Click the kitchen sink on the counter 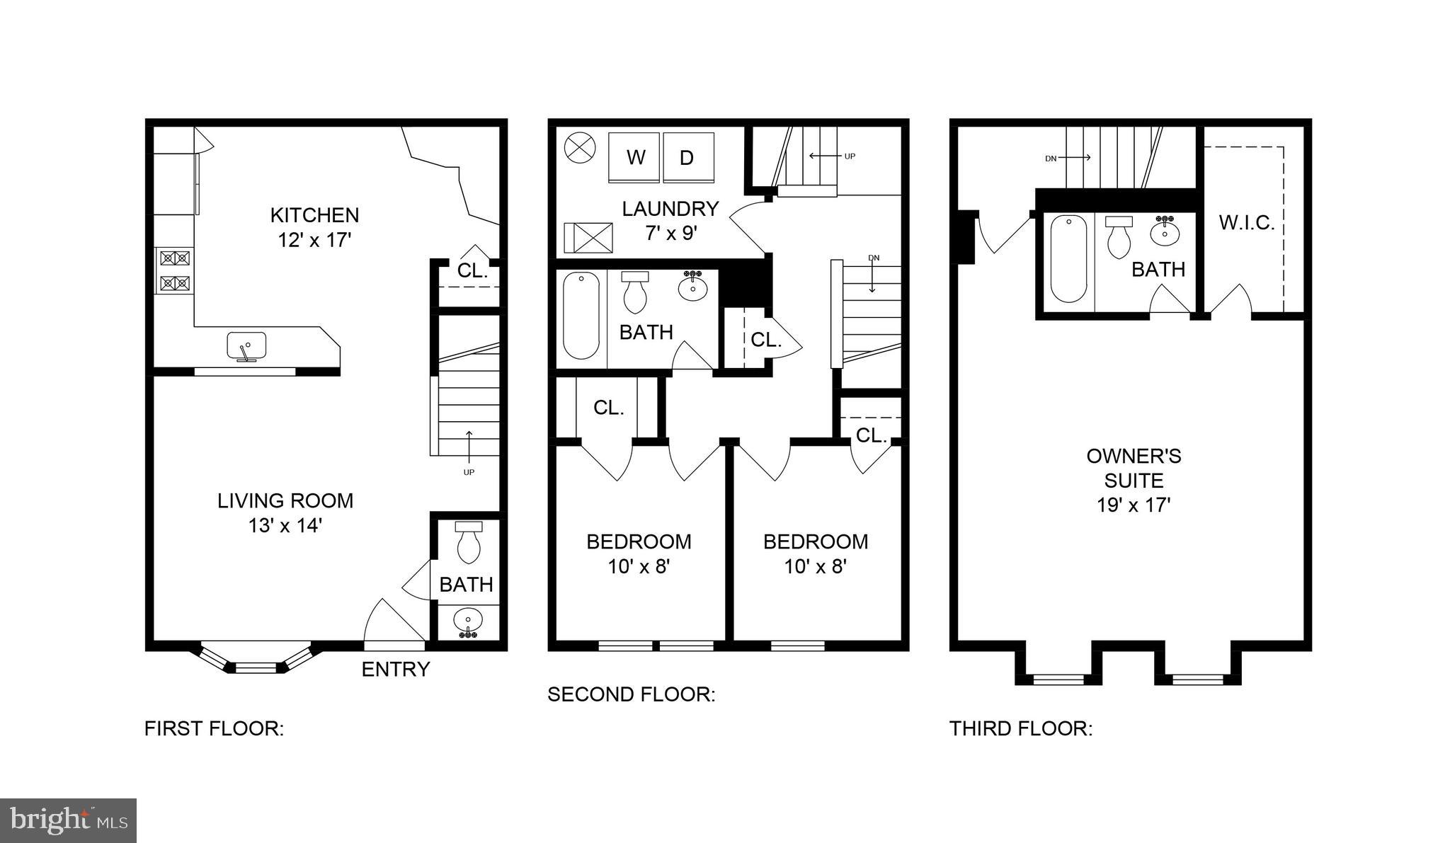246,347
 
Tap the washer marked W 634,158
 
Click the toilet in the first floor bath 469,541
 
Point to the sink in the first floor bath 468,623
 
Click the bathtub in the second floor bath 581,316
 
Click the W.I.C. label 1247,223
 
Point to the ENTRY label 396,669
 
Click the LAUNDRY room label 670,208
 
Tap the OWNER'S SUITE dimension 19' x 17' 1134,505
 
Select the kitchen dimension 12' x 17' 314,240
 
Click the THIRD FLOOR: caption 1021,728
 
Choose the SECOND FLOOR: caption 632,694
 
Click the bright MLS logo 68,821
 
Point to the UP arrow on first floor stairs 468,442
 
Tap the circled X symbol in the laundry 581,149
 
